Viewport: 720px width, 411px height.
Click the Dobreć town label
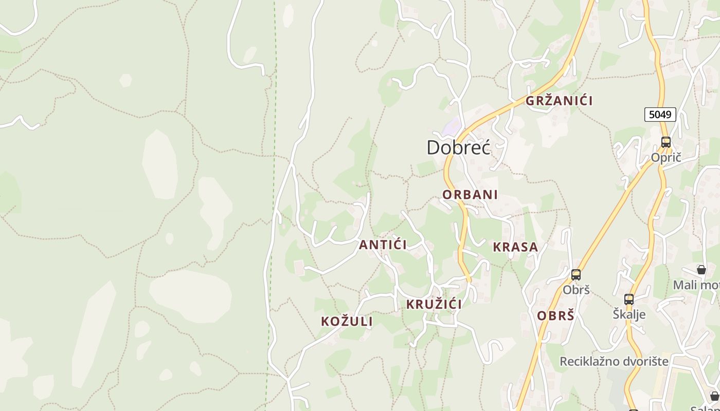tap(458, 147)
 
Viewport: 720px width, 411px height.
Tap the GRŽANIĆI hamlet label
tap(559, 101)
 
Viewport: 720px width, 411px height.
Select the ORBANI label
tap(470, 195)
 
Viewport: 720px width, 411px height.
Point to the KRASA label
tap(515, 247)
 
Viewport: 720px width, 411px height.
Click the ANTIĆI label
tap(383, 245)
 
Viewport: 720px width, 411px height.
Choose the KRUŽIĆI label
tap(434, 304)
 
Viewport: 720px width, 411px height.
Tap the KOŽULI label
tap(347, 322)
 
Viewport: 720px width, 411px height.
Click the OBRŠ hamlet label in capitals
tap(555, 315)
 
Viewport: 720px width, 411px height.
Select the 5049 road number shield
tap(660, 114)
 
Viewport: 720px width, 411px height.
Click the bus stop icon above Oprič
tap(666, 142)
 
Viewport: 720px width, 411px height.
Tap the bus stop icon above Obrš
tap(576, 275)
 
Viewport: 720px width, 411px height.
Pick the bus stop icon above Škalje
tap(629, 300)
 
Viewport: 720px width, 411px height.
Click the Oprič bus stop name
tap(666, 158)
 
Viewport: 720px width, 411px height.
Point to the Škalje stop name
tap(629, 314)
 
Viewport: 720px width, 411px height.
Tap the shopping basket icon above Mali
tap(701, 270)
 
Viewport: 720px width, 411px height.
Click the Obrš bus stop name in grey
tap(576, 290)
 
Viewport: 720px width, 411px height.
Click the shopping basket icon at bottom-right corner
tap(714, 396)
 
